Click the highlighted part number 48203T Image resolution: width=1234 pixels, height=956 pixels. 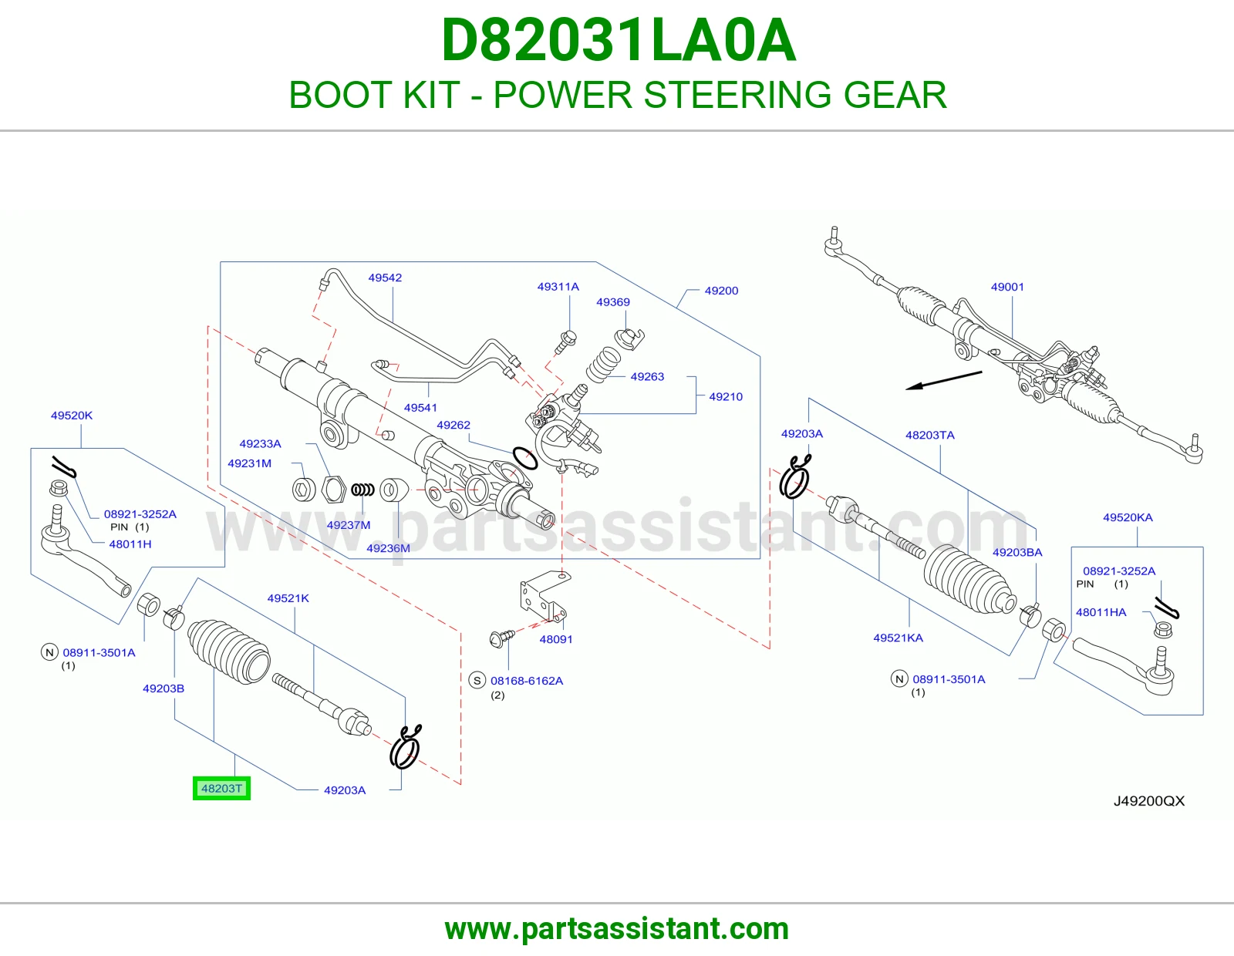pos(221,789)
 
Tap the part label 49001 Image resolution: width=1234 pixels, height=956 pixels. pos(1007,287)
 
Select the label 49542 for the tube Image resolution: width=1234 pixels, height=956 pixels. pos(385,278)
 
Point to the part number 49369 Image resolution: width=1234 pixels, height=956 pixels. pos(612,302)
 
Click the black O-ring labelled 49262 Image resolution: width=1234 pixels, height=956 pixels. pos(525,458)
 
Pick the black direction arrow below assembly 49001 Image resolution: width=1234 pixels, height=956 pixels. pos(943,380)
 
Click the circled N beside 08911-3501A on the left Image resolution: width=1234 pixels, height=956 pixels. pos(49,652)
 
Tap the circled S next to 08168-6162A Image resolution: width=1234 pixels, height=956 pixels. pos(477,680)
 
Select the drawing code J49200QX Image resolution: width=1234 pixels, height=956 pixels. pos(1149,801)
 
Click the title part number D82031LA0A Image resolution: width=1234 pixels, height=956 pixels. pos(619,40)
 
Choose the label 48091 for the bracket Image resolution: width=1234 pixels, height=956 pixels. pos(556,639)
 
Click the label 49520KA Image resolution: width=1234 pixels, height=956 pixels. pos(1128,517)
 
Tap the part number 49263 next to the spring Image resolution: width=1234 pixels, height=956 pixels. pos(647,376)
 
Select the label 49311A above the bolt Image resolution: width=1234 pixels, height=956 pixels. pos(558,287)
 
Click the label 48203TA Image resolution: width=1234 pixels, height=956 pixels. pos(930,435)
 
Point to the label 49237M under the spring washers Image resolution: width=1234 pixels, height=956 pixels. pos(349,525)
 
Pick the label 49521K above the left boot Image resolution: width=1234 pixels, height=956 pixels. pos(288,598)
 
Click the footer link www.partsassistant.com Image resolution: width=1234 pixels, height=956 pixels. pos(617,929)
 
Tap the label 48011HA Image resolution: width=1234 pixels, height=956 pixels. pos(1101,612)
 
